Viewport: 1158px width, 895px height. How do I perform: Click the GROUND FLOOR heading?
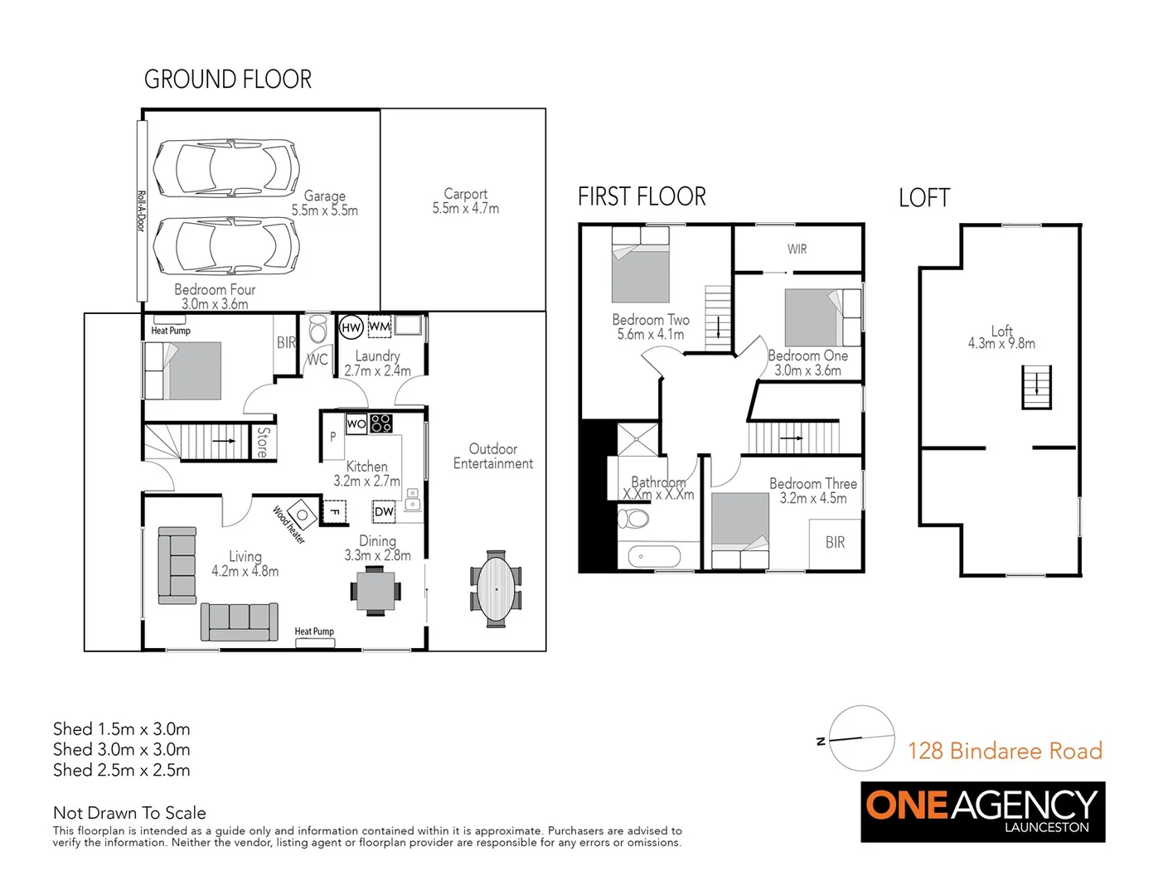pyautogui.click(x=228, y=80)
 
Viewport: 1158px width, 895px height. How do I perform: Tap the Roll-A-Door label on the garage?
pyautogui.click(x=141, y=211)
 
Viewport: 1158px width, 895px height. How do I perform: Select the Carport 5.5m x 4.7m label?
pyautogui.click(x=465, y=201)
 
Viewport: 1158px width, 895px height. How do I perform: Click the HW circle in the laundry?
pyautogui.click(x=351, y=327)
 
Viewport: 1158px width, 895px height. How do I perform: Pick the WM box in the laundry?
pyautogui.click(x=379, y=327)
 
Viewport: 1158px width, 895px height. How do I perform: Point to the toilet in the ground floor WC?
pyautogui.click(x=317, y=329)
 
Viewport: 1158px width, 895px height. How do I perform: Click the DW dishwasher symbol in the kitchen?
pyautogui.click(x=384, y=511)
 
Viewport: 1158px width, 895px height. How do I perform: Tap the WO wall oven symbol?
pyautogui.click(x=356, y=423)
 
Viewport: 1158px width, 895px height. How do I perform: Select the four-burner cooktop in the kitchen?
pyautogui.click(x=381, y=423)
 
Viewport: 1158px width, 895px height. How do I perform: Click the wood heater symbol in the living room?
pyautogui.click(x=303, y=515)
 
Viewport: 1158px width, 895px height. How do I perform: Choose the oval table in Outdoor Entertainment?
pyautogui.click(x=497, y=588)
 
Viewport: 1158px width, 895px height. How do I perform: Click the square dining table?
pyautogui.click(x=376, y=591)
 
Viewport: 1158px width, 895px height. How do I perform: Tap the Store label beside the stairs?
pyautogui.click(x=263, y=442)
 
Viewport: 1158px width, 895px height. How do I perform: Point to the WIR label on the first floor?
pyautogui.click(x=797, y=249)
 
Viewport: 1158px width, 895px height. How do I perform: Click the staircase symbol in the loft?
pyautogui.click(x=1036, y=388)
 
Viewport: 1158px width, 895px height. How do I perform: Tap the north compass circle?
pyautogui.click(x=861, y=738)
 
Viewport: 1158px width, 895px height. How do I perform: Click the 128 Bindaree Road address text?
pyautogui.click(x=1005, y=751)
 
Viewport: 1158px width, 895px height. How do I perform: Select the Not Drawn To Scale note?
pyautogui.click(x=129, y=813)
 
